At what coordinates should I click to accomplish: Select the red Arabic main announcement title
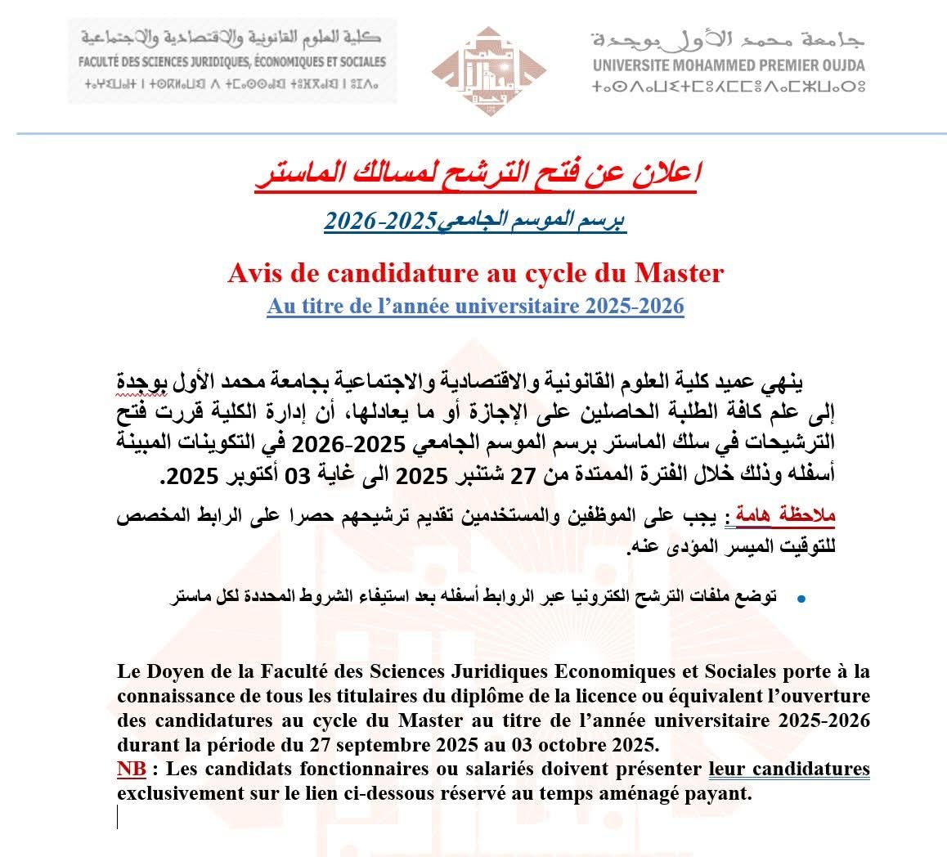474,174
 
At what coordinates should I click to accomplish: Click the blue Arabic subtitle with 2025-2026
475,222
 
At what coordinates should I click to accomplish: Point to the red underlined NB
132,770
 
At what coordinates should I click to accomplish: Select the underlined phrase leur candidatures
788,770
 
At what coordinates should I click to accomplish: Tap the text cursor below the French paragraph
118,817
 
